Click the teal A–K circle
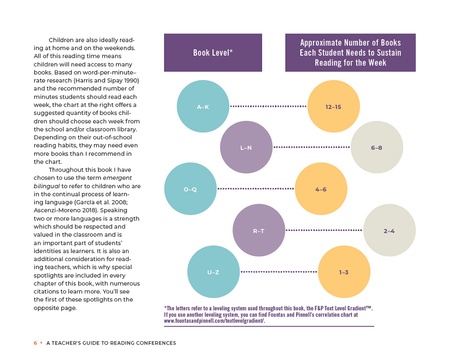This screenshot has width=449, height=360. click(x=203, y=107)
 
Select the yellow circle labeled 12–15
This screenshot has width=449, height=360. click(x=334, y=107)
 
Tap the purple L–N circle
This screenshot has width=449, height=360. click(x=246, y=147)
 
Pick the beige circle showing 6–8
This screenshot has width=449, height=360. click(x=377, y=147)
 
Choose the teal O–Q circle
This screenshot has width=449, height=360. click(x=190, y=189)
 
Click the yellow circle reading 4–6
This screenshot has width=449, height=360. click(x=321, y=189)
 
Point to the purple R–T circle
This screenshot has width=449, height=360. click(x=259, y=231)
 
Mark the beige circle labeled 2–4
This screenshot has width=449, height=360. click(x=389, y=231)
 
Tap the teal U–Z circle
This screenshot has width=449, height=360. click(x=213, y=272)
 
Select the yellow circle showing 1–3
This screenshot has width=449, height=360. click(x=344, y=272)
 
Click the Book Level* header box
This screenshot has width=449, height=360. click(x=213, y=53)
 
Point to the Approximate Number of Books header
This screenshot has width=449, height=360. click(x=350, y=53)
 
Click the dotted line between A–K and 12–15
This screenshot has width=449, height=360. click(x=268, y=107)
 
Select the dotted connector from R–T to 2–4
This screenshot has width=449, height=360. click(x=324, y=231)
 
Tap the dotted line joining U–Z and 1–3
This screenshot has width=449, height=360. click(x=279, y=272)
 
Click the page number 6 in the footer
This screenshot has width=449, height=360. click(x=35, y=343)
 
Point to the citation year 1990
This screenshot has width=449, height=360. click(x=131, y=80)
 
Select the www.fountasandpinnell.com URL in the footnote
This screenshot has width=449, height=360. click(x=214, y=321)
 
